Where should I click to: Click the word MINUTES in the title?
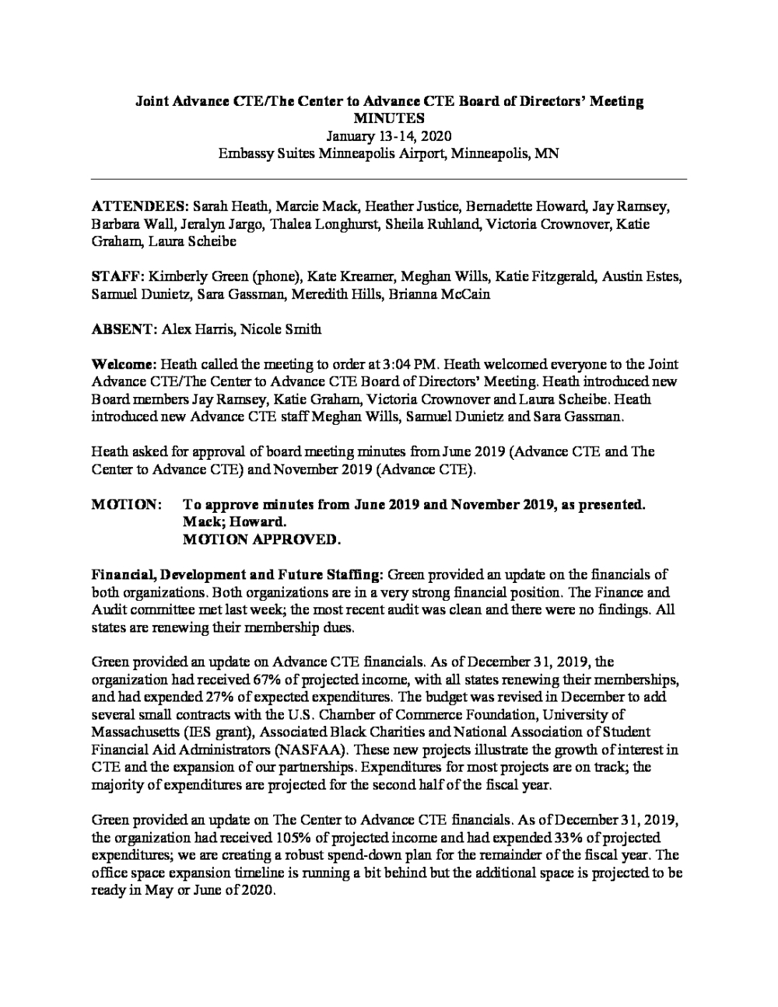[x=389, y=118]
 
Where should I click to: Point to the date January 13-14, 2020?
[x=389, y=135]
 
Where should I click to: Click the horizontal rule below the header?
[x=389, y=180]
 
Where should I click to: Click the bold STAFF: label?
[x=117, y=276]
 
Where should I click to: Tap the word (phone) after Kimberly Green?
[x=274, y=276]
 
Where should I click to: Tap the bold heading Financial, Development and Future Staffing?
[x=237, y=575]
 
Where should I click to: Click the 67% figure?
[x=251, y=680]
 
